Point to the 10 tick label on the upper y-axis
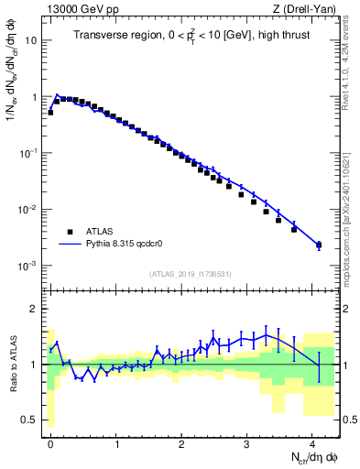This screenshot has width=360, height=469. coord(30,41)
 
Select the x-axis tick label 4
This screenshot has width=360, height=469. coord(313,442)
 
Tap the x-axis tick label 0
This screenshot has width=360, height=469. coord(50,442)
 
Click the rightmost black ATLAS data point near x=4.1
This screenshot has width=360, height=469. coord(319,245)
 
